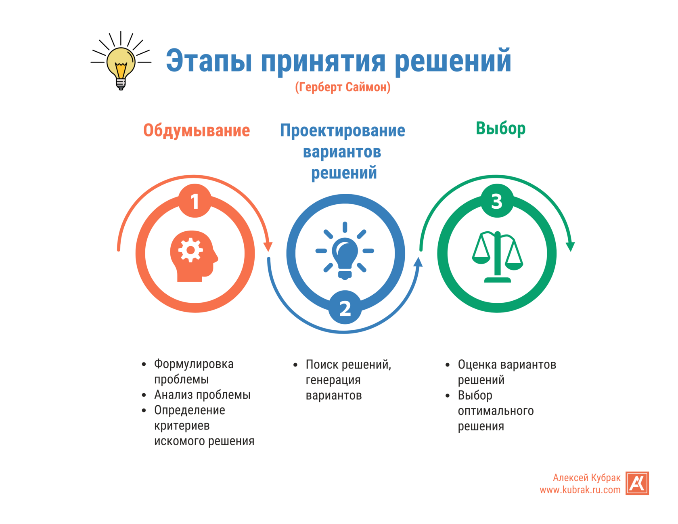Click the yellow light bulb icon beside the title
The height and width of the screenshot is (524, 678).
(120, 65)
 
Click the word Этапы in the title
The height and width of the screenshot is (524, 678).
(209, 62)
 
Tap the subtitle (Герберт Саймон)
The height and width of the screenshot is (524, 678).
(342, 87)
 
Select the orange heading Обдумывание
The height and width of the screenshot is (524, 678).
(197, 130)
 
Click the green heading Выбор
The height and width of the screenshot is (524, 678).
(500, 128)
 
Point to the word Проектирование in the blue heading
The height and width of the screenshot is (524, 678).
(342, 130)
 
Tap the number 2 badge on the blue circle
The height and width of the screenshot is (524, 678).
(345, 308)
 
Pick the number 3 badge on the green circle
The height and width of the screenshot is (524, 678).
(497, 201)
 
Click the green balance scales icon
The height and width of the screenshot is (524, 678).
(497, 257)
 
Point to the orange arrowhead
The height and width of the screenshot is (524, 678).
(268, 246)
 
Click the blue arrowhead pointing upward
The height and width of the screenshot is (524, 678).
(419, 263)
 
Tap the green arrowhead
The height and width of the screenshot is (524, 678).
(570, 246)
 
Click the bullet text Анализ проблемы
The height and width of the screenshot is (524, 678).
(202, 395)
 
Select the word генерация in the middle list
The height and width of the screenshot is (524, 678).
(333, 380)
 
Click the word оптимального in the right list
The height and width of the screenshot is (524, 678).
(496, 411)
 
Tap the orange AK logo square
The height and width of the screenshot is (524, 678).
(637, 483)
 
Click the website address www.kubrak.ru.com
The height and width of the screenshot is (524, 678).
(580, 490)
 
